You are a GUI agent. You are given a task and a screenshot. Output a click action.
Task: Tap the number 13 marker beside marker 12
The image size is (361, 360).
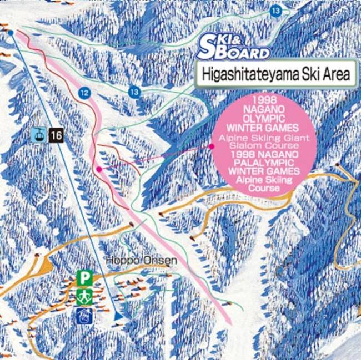(x=134, y=92)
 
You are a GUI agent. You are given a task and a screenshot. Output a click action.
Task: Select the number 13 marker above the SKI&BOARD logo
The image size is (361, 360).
(x=276, y=10)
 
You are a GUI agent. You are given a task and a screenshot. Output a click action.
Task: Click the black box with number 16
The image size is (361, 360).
(x=56, y=134)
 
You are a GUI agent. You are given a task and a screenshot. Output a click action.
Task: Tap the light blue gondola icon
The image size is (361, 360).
(x=38, y=134)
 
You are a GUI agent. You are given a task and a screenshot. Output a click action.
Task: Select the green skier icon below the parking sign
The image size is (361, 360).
(x=83, y=296)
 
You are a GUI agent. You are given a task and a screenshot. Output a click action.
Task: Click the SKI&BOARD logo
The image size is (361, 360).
(x=234, y=47)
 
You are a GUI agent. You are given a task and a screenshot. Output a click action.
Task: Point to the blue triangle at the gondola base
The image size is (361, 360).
(x=118, y=315)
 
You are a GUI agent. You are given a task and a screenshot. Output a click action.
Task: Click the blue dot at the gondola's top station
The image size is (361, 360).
(x=11, y=33)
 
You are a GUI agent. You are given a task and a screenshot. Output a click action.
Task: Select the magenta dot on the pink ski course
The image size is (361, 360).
(x=98, y=168)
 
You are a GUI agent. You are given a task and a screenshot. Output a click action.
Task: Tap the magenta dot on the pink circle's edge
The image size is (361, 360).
(x=212, y=146)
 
